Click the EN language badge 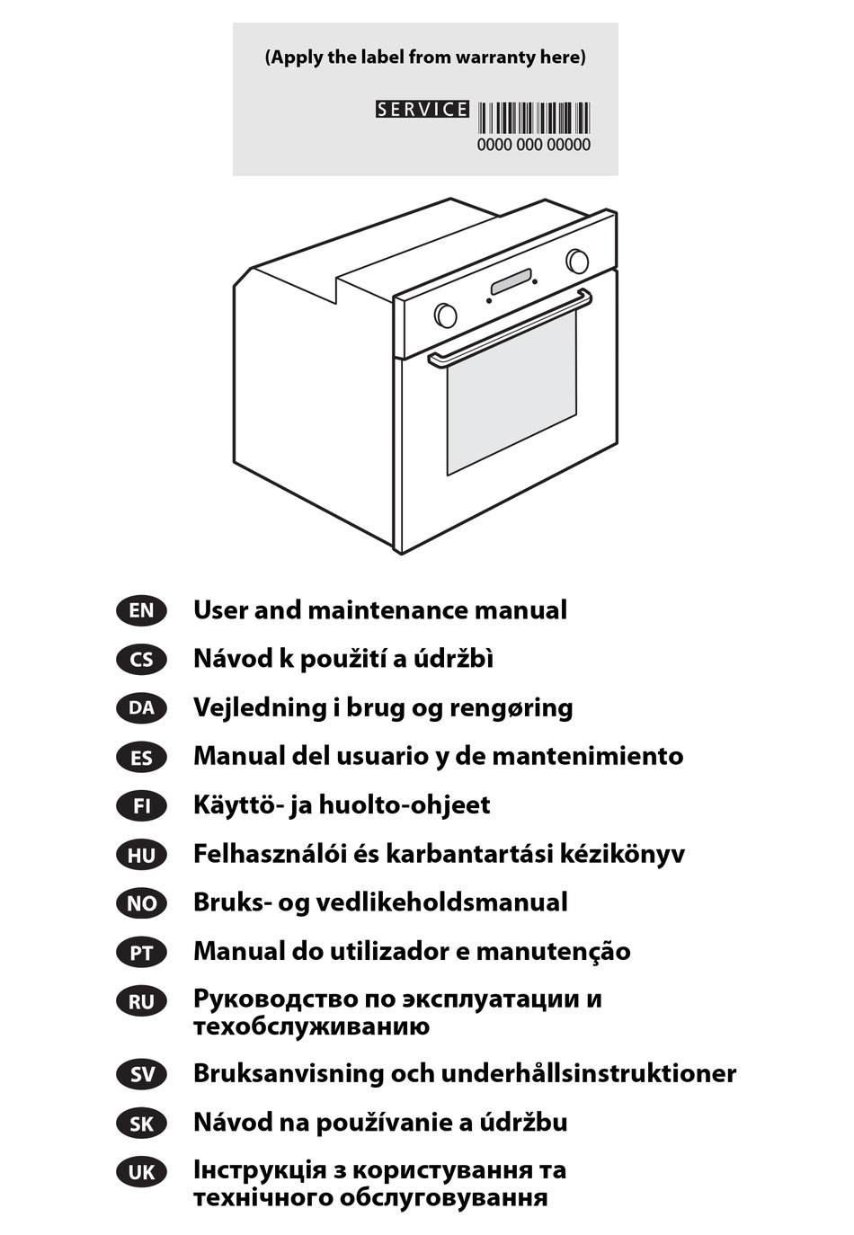click(x=141, y=610)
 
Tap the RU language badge click(x=141, y=1001)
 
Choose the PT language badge click(x=141, y=953)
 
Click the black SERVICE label click(x=423, y=109)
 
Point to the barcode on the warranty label click(x=533, y=119)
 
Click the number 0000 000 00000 click(x=533, y=145)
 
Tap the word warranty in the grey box click(x=495, y=58)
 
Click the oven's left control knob click(x=445, y=315)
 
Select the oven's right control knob click(x=577, y=261)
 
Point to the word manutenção click(x=553, y=952)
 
